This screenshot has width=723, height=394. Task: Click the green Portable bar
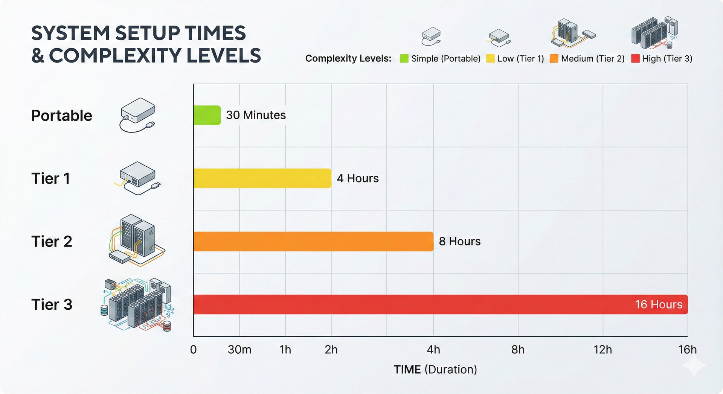(207, 115)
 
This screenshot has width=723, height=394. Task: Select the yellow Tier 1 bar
(262, 178)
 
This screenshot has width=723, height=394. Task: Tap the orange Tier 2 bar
(313, 241)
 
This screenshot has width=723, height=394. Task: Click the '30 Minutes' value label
(256, 115)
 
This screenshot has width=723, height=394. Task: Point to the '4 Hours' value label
(358, 178)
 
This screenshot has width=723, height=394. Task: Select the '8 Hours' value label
(460, 241)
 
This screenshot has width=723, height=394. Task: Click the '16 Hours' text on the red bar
(659, 304)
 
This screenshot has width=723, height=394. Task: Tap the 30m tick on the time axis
(239, 350)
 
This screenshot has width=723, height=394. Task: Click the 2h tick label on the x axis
(331, 350)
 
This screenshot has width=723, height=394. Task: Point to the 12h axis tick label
(602, 350)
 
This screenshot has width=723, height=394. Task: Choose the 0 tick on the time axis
(193, 350)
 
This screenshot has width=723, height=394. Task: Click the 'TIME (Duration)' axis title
(435, 370)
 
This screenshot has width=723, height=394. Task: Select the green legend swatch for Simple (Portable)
(404, 59)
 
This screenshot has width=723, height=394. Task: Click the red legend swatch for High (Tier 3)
(636, 59)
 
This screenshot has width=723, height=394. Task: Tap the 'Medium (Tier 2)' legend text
(593, 59)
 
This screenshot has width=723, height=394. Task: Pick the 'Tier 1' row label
(50, 178)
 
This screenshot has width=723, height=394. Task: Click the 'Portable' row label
(62, 116)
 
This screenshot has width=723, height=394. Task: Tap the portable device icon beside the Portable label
(137, 114)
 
